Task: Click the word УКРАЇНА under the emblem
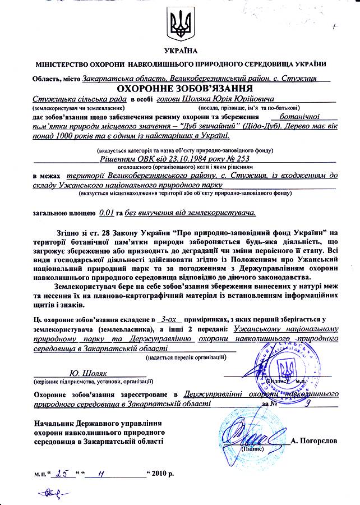179,52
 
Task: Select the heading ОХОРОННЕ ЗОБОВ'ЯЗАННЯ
179,89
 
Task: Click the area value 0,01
106,213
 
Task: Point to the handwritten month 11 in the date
101,472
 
